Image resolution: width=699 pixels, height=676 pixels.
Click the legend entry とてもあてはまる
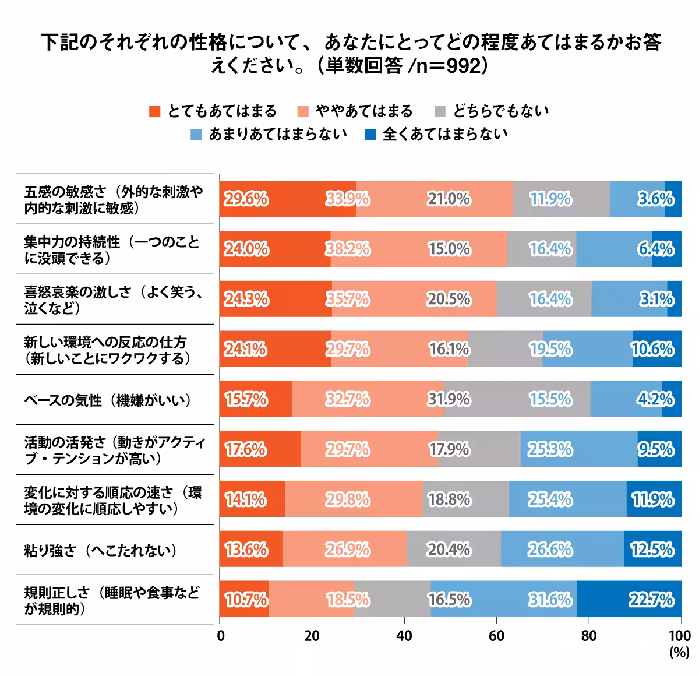(x=213, y=111)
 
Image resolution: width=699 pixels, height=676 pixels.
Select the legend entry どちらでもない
(x=492, y=111)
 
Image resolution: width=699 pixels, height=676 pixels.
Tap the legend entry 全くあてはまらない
(x=437, y=135)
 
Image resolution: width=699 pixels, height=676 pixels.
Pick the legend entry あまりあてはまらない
(x=270, y=135)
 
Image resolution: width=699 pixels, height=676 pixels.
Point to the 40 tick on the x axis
(x=404, y=636)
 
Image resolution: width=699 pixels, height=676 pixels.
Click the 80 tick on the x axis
(x=588, y=636)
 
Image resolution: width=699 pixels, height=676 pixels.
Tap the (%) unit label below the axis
(x=679, y=652)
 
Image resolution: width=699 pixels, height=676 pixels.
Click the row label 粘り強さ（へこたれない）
(x=101, y=550)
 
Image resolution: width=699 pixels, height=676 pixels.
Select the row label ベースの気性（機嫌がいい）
(x=108, y=400)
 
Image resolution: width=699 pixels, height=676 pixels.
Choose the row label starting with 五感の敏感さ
(x=114, y=200)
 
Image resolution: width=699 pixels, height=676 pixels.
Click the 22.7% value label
(x=651, y=600)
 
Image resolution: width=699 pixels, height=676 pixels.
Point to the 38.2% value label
(x=348, y=249)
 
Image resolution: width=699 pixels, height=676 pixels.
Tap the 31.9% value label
(x=449, y=400)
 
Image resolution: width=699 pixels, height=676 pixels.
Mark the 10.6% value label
(x=652, y=349)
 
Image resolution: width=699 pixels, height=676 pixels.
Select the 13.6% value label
(x=246, y=550)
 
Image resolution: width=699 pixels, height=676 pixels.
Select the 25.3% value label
(x=550, y=449)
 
